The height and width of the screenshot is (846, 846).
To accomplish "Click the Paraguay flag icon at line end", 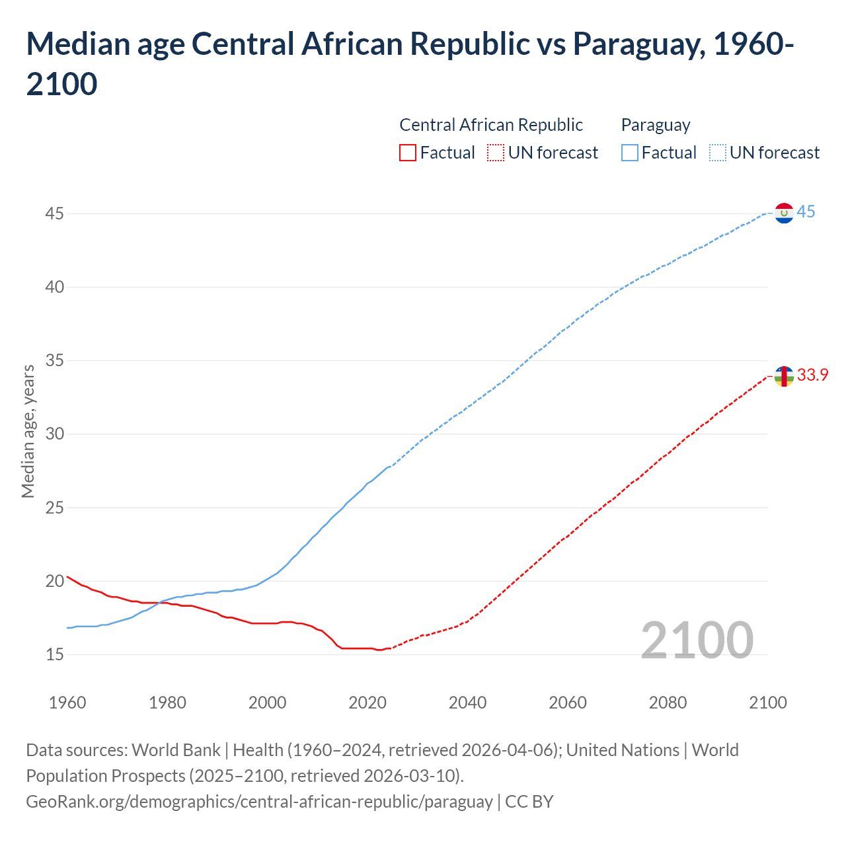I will click(x=784, y=213).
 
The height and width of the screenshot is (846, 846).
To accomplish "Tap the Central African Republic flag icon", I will click(x=784, y=376).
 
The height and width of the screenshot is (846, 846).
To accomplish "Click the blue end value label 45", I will click(x=806, y=212).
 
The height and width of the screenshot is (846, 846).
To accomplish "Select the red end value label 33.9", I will click(x=812, y=375).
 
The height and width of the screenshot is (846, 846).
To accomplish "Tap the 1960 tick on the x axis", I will click(x=67, y=703).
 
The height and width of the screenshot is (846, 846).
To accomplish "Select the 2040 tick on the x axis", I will click(x=467, y=703).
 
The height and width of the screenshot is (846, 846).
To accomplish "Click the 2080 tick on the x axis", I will click(x=668, y=703).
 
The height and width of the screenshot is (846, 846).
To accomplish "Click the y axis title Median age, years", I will click(x=28, y=431).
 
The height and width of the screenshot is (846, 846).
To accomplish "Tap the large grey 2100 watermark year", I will click(x=697, y=640).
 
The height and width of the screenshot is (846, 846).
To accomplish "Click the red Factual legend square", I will click(x=408, y=153).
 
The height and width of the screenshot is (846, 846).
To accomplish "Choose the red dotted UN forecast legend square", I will click(x=496, y=153).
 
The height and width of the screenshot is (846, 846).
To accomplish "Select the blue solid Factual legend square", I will click(x=630, y=153).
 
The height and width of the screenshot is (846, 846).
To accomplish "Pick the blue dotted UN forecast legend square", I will click(x=717, y=153).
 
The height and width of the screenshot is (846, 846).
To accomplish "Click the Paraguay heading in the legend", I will click(x=655, y=125).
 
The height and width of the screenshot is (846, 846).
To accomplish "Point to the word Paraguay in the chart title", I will click(x=634, y=44).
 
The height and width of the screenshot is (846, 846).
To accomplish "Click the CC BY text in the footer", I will click(x=529, y=802).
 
